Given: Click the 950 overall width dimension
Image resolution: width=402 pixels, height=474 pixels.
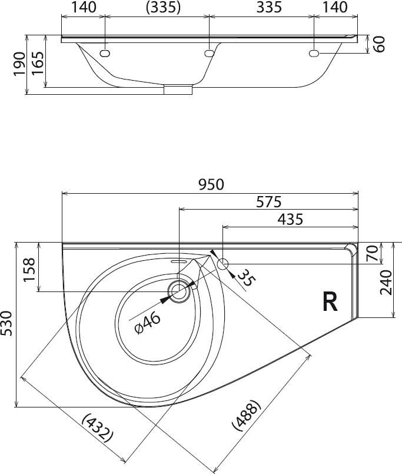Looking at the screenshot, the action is pyautogui.click(x=211, y=185).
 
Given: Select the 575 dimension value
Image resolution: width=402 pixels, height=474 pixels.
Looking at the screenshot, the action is pyautogui.click(x=269, y=202).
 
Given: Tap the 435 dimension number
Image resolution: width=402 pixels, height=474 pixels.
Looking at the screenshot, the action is pyautogui.click(x=290, y=219).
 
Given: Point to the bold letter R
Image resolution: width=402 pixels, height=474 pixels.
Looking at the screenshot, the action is pyautogui.click(x=330, y=301).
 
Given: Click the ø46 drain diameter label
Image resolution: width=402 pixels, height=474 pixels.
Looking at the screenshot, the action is pyautogui.click(x=148, y=324).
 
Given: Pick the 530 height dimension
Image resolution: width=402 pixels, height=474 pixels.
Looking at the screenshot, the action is pyautogui.click(x=6, y=323).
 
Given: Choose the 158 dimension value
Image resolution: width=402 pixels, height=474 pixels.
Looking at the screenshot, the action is pyautogui.click(x=30, y=269).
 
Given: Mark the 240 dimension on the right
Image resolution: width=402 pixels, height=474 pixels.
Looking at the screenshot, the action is pyautogui.click(x=386, y=283).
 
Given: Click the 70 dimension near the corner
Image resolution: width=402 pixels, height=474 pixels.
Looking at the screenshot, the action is pyautogui.click(x=372, y=253).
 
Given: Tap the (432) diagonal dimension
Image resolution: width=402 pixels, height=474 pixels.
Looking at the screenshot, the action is pyautogui.click(x=98, y=428).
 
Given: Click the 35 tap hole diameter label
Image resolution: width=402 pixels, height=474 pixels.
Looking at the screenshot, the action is pyautogui.click(x=247, y=277).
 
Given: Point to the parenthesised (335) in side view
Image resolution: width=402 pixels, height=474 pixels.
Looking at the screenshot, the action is pyautogui.click(x=163, y=8).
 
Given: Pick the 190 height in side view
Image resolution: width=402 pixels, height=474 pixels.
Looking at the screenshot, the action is pyautogui.click(x=19, y=64).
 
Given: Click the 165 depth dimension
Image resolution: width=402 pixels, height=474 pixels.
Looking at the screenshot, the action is pyautogui.click(x=38, y=64).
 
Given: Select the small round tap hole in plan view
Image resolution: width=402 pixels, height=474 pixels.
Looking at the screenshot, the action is pyautogui.click(x=222, y=264).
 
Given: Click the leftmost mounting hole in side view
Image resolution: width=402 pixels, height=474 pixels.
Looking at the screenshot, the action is pyautogui.click(x=105, y=54).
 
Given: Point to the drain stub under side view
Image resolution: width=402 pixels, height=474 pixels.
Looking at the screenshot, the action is pyautogui.click(x=178, y=90).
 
